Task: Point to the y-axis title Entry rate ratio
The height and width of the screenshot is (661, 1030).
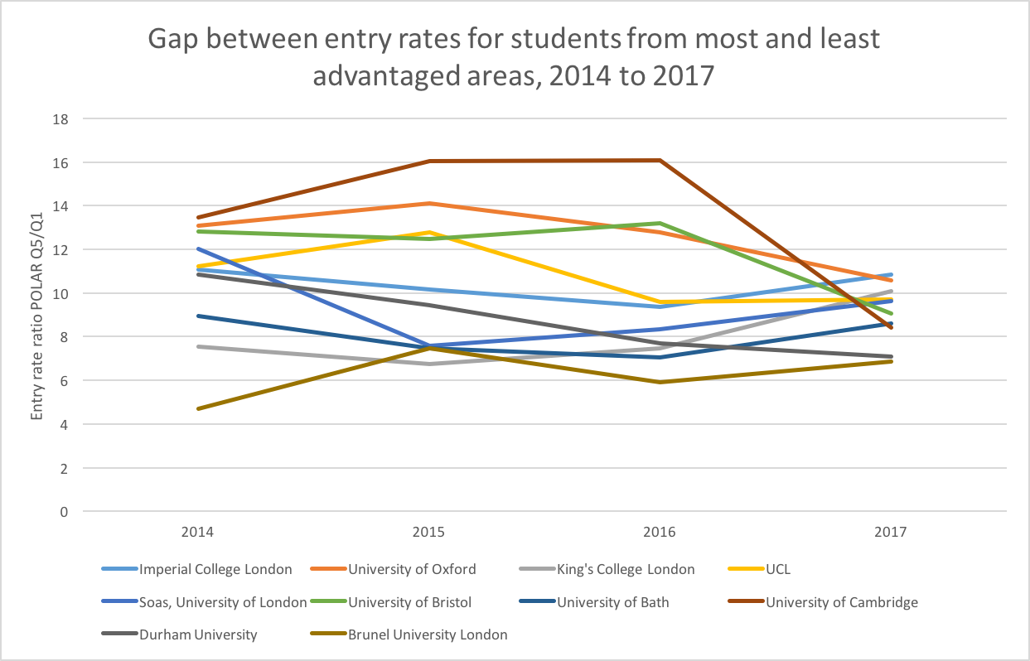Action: (37, 315)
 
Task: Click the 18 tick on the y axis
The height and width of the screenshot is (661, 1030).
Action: (60, 118)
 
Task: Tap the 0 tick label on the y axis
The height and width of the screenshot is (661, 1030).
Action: (63, 512)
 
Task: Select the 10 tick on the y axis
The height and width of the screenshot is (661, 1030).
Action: (60, 293)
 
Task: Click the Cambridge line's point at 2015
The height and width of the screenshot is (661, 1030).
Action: (429, 161)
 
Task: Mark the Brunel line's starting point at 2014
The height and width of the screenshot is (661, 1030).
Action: (198, 408)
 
